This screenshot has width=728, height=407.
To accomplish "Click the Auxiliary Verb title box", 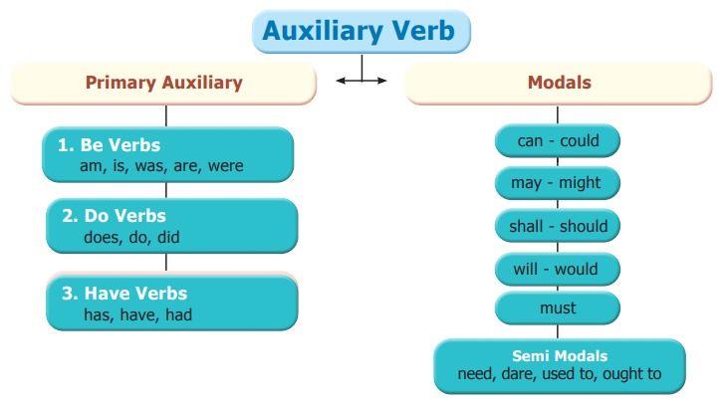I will pos(359,32).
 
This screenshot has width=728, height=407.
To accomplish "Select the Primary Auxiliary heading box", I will pos(163,84).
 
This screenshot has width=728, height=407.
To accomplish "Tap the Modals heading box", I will pos(558,84).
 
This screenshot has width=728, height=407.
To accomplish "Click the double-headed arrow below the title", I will pos(361,80).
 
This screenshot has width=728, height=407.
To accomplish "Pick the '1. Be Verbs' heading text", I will pos(109,145).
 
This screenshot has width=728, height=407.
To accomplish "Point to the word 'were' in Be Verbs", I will pos(226,166).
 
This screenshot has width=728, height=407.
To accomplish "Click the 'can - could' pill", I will pos(558,141).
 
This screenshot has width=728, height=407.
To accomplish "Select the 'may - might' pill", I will pos(558,183).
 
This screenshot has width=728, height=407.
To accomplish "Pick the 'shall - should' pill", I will pos(558,226).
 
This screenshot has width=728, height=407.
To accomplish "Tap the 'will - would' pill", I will pos(558,269).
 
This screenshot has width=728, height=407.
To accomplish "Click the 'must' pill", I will pos(558,308).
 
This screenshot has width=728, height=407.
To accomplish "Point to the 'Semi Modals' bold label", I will pos(560,356).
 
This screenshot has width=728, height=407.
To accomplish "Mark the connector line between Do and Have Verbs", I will pos(166,263).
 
